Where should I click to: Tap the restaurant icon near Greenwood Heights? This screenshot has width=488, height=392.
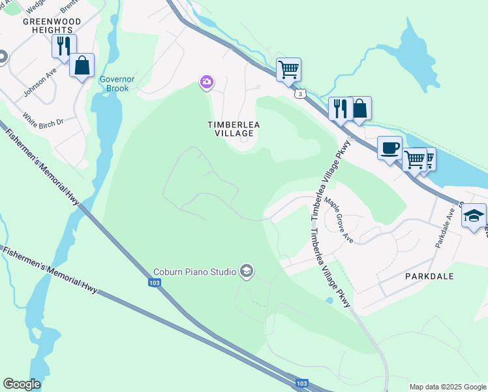64,46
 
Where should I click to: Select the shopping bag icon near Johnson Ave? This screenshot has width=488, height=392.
82,65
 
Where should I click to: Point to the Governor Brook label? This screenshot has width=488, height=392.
117,84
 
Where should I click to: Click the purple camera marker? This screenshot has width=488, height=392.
206,82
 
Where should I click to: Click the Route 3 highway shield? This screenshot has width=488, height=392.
299,94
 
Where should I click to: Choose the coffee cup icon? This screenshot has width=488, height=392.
389,148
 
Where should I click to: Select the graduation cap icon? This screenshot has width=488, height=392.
474,215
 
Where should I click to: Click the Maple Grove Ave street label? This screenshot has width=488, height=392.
340,221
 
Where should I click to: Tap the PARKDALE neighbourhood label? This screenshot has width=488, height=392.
429,276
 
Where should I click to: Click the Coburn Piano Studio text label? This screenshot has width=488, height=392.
194,272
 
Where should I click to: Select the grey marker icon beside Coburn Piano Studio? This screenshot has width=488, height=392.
247,270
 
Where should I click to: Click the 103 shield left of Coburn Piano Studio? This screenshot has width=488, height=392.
154,282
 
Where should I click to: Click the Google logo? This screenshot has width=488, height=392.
22,384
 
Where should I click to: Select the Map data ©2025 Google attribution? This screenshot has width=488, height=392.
448,387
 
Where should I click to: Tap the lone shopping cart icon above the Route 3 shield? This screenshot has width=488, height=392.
288,69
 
